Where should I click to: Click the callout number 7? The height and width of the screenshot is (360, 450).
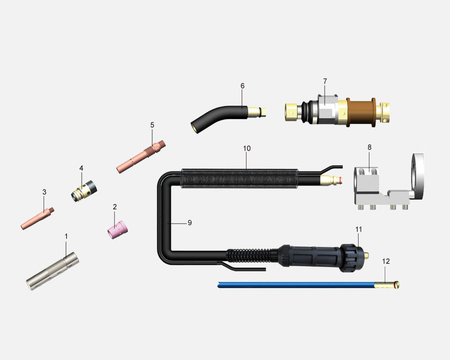325,81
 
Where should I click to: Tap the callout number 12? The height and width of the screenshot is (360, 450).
386,262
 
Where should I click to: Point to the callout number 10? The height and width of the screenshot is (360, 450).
247,148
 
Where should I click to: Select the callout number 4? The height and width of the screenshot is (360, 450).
81,168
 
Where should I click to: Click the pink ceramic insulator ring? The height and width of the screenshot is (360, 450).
118,229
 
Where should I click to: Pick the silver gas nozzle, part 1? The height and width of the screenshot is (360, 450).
53,271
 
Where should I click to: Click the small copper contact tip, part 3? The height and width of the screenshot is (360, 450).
38,218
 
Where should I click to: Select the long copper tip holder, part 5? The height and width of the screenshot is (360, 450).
141,157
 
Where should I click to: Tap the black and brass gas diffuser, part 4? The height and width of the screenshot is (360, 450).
84,191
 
